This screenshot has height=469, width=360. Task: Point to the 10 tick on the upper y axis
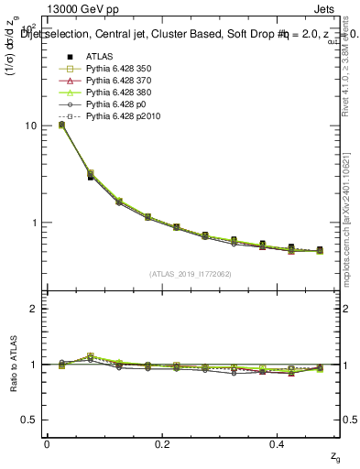(28, 125)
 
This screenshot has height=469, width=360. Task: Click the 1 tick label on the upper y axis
(33, 223)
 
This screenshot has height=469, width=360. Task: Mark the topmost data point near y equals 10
(61, 125)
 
